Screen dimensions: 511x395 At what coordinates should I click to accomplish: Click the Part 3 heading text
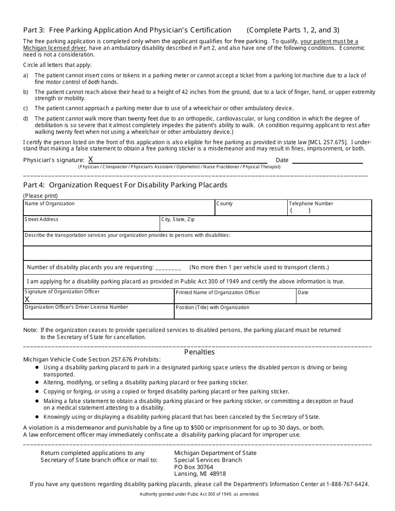point(127,30)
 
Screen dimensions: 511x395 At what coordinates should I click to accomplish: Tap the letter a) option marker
point(26,75)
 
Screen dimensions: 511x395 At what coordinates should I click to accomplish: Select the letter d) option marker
point(26,118)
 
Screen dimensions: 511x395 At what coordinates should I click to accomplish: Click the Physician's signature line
point(179,160)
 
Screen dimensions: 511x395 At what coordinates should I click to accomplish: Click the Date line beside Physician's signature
point(327,160)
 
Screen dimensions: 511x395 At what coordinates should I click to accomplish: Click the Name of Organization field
point(118,209)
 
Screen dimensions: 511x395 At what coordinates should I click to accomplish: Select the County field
point(251,209)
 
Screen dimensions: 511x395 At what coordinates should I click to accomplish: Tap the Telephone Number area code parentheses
point(300,211)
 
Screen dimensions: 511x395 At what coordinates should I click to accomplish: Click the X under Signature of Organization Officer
point(27,299)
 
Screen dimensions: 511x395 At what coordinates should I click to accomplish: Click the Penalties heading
point(199,352)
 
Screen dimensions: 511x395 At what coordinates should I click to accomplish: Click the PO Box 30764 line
point(193,467)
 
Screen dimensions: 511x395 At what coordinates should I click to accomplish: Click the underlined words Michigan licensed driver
point(54,48)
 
